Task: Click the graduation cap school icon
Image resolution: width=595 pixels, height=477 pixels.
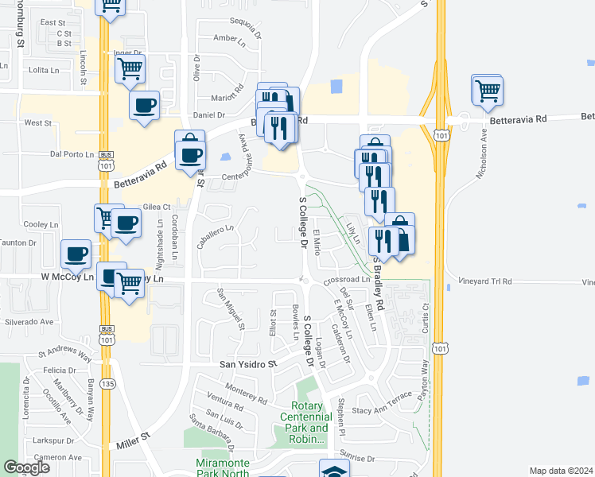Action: click(334, 471)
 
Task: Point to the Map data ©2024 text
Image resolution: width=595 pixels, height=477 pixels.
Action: click(561, 471)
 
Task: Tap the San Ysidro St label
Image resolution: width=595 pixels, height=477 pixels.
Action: click(247, 364)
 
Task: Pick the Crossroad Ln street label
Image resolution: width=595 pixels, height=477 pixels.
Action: click(347, 280)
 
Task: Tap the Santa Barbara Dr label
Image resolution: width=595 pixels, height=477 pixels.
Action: click(211, 428)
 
